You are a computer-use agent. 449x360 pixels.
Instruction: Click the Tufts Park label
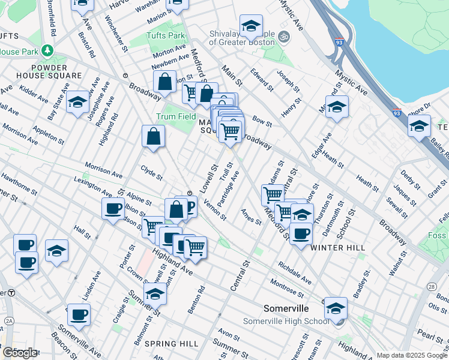(x=167, y=35)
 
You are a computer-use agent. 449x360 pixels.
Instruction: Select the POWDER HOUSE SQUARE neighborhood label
(x=41, y=70)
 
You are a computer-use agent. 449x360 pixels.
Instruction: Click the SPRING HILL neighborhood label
(x=171, y=344)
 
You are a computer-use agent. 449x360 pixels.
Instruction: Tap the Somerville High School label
(x=286, y=321)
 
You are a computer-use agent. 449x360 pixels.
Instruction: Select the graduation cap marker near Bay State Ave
(x=78, y=103)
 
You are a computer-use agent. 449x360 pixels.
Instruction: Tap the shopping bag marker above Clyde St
(x=154, y=136)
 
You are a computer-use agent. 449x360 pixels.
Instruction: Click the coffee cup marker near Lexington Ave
(x=112, y=209)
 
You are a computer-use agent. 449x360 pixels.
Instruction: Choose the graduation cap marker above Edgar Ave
(x=337, y=107)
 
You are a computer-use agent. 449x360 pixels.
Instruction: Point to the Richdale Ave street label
(x=295, y=271)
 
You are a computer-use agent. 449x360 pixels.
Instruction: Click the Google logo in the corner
(x=20, y=353)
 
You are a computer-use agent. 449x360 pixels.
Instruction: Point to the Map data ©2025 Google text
(x=412, y=355)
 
